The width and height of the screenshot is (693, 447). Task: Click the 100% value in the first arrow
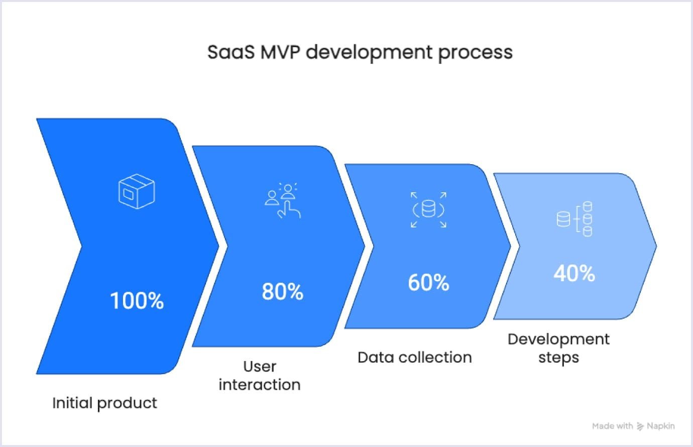[137, 301]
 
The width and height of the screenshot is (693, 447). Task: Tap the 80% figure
[283, 292]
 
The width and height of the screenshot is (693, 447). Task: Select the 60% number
[428, 283]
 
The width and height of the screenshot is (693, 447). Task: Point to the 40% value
[574, 274]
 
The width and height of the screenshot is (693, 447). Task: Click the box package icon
[137, 191]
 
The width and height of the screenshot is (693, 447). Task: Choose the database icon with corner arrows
[428, 209]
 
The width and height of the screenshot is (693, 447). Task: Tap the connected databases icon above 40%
[574, 219]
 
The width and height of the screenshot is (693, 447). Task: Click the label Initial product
[104, 403]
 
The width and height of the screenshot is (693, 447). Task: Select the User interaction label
[260, 376]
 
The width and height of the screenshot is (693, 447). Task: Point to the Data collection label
[415, 357]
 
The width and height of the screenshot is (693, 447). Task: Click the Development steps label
[558, 348]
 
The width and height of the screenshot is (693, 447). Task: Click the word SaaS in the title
[231, 52]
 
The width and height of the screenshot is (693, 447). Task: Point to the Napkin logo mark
[640, 426]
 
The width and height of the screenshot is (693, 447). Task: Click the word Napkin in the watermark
[661, 426]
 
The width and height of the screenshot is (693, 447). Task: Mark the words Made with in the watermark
[612, 426]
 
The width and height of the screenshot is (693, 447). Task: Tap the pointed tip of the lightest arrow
[655, 246]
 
